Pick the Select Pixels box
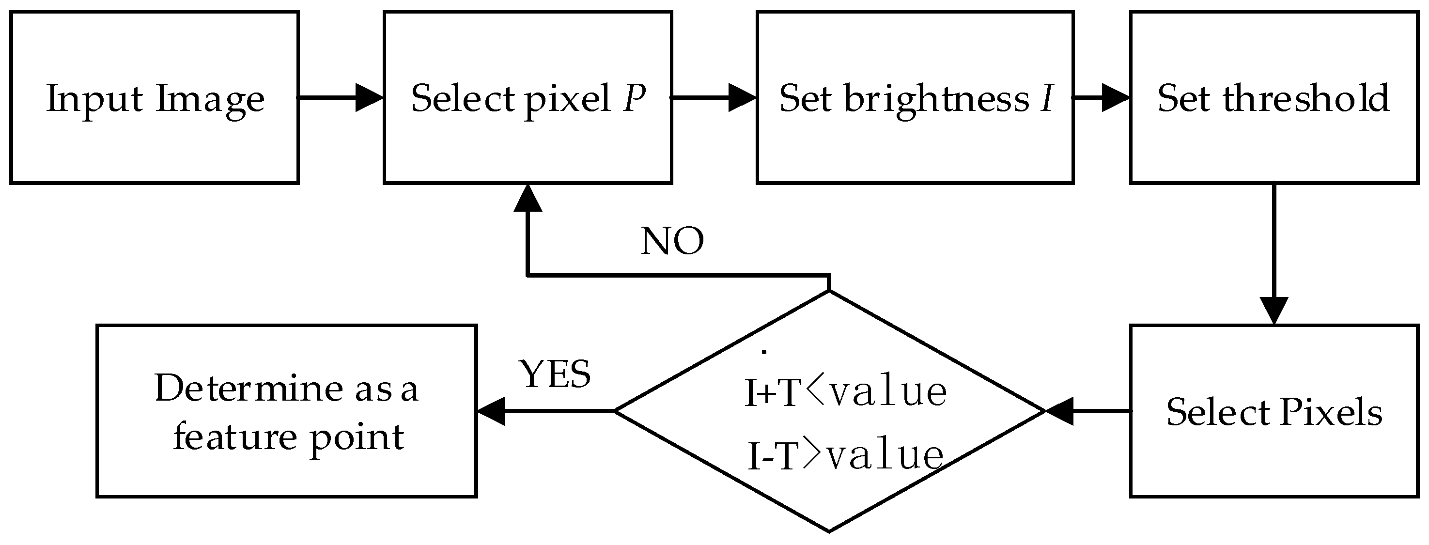click(1274, 411)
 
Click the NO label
click(672, 241)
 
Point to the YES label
click(555, 374)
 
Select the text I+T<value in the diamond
click(845, 392)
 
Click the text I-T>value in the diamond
click(845, 455)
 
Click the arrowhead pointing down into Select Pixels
click(1274, 311)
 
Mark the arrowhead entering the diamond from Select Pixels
click(1059, 411)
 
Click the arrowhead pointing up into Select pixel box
click(528, 198)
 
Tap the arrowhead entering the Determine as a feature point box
click(491, 411)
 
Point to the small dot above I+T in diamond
click(764, 351)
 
